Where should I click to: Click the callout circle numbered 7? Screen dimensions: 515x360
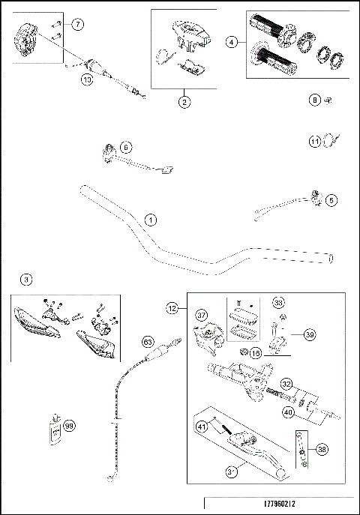click(78, 25)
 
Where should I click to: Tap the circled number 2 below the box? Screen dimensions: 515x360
click(184, 103)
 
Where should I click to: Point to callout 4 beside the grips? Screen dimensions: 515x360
click(233, 42)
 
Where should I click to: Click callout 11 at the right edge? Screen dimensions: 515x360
click(315, 140)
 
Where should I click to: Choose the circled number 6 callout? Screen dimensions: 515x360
click(125, 148)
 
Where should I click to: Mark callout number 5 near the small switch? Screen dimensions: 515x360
click(331, 200)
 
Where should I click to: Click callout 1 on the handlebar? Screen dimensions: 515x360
click(151, 220)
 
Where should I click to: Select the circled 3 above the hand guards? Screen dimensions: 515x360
click(26, 280)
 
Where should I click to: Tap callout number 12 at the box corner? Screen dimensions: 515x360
click(172, 307)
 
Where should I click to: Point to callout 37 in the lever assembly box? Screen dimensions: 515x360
click(200, 315)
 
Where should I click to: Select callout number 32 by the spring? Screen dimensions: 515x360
click(286, 383)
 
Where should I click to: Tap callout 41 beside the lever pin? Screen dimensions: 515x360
click(200, 427)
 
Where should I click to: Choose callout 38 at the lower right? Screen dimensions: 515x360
click(322, 450)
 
